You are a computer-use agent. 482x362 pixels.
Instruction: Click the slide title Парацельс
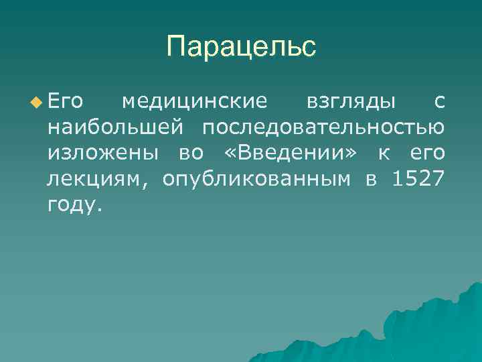[x=241, y=47]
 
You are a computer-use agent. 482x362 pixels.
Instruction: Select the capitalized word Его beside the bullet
[x=65, y=101]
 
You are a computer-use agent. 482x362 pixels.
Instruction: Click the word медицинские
[x=194, y=101]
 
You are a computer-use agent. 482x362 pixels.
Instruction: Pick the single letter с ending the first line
[x=438, y=102]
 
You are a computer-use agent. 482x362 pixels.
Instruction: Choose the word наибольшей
[x=114, y=127]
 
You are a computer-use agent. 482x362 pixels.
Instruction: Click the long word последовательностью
[x=324, y=127]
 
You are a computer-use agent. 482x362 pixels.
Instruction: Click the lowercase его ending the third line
[x=426, y=154]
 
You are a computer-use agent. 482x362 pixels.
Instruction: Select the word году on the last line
[x=71, y=205]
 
